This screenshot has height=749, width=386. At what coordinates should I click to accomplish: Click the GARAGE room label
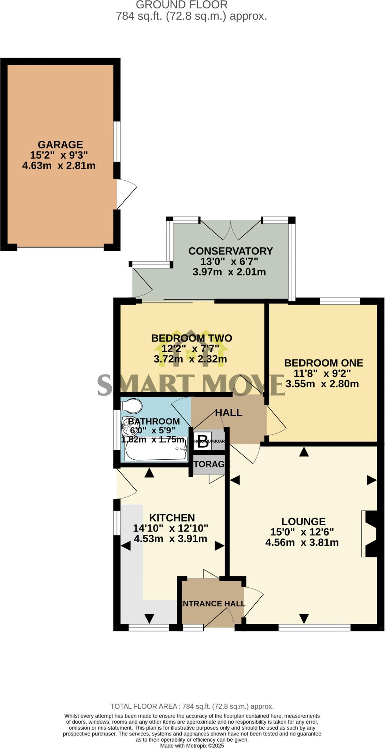tap(60, 144)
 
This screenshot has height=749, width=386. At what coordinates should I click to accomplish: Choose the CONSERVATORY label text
tap(230, 251)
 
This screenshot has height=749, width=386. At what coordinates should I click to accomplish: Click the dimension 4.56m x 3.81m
tap(302, 542)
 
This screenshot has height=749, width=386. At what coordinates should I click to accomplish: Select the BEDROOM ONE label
tap(323, 363)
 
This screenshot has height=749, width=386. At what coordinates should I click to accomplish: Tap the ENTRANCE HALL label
tap(212, 603)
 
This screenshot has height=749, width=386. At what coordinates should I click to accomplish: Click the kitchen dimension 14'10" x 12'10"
tap(170, 528)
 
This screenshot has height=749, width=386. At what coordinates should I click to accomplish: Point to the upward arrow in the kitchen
tap(149, 473)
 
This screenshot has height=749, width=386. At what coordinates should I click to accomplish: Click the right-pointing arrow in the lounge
tap(372, 480)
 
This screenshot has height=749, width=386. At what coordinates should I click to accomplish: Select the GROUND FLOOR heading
tap(182, 5)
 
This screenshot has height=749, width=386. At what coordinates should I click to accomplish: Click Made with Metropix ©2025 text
tap(192, 745)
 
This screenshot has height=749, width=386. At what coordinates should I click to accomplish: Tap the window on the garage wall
tap(116, 141)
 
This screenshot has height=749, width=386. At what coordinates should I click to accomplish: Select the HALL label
tap(229, 413)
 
